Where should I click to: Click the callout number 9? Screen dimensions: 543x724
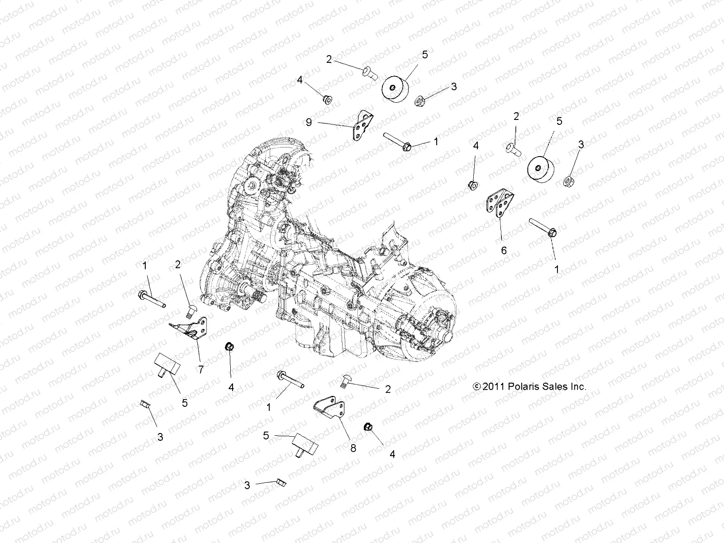tap(309, 122)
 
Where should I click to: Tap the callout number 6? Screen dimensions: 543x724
tap(504, 250)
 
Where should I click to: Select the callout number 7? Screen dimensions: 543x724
tap(200, 370)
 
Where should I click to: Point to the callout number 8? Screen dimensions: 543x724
tap(353, 448)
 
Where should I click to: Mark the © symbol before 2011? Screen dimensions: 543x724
tap(476, 387)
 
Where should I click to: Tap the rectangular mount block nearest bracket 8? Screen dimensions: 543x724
tap(301, 446)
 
